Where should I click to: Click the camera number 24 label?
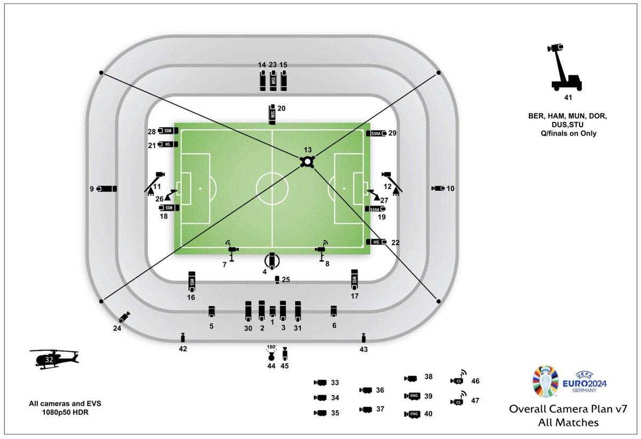117,328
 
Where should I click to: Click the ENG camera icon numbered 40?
412,414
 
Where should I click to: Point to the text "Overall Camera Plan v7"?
567,410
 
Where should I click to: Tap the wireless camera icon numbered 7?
232,251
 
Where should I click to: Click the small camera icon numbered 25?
277,280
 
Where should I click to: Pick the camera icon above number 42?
183,337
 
